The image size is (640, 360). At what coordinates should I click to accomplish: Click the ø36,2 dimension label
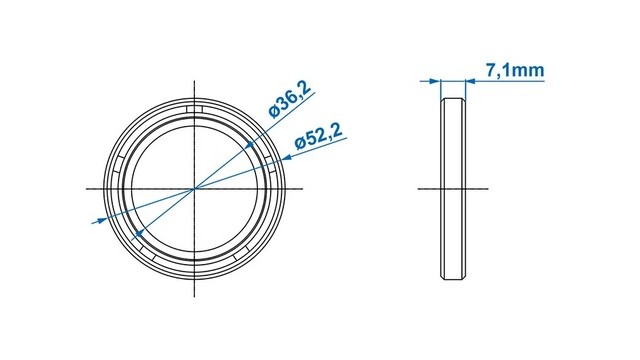[290, 99]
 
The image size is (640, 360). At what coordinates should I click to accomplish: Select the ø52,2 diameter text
[320, 136]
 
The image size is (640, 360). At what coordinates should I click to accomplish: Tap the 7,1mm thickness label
[515, 70]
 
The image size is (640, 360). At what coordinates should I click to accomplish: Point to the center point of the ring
[194, 189]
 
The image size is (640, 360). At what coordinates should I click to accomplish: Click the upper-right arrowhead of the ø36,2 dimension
[250, 144]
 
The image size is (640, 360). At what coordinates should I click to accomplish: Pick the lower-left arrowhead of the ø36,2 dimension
[139, 233]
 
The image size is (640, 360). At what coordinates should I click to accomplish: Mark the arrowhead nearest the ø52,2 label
[287, 157]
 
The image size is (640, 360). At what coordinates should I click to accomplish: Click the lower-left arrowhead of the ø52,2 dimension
[100, 221]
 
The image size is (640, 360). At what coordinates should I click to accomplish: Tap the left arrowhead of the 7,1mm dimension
[434, 81]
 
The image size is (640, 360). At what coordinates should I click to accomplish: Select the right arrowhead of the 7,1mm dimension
[471, 81]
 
